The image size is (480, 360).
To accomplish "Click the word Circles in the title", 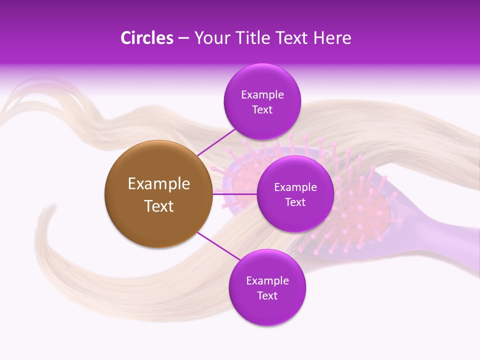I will [x=146, y=38].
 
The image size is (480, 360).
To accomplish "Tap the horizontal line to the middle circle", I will [x=234, y=193].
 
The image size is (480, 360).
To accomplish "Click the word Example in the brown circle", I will [x=158, y=184].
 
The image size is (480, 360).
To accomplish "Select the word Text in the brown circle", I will [x=158, y=206].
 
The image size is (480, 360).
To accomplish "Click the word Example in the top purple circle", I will [x=262, y=94].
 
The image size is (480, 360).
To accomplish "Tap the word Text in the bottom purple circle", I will [x=267, y=295].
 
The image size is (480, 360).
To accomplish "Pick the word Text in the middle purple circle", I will [x=295, y=202].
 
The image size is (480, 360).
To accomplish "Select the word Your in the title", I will [x=210, y=38].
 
